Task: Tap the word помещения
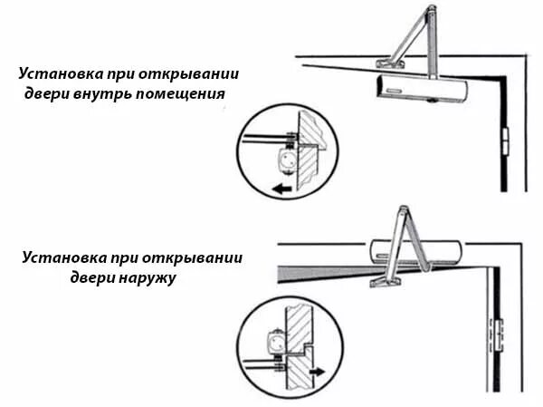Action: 187,93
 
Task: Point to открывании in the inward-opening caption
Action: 206,73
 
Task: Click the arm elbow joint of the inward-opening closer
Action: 428,13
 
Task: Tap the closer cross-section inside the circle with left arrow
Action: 283,161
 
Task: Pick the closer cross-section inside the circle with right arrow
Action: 272,344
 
